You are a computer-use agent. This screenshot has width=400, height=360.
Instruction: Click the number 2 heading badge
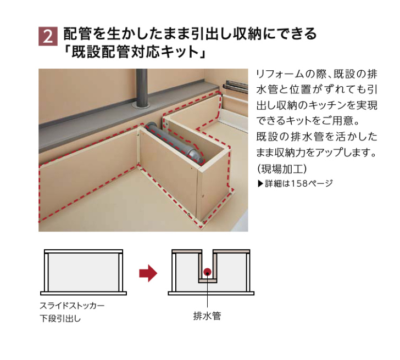48,36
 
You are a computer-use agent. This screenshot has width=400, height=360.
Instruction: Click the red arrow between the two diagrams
148,273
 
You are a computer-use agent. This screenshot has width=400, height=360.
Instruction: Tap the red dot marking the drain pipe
207,272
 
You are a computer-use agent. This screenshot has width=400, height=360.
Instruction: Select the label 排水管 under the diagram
207,316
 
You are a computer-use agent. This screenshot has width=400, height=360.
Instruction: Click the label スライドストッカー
72,306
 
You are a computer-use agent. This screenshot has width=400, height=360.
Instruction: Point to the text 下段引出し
60,318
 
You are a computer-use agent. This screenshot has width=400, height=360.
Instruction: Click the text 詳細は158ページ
299,183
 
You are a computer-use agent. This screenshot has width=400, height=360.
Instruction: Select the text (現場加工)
282,168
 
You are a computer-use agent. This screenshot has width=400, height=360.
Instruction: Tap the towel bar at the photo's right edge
235,86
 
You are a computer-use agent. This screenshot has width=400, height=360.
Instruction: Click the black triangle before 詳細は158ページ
260,184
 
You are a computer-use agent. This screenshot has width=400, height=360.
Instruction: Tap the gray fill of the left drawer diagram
83,272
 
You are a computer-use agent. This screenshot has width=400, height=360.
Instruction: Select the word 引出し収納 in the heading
227,34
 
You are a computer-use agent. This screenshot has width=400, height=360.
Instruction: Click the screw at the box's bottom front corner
204,223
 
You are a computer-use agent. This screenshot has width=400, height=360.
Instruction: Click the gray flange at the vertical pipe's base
141,106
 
